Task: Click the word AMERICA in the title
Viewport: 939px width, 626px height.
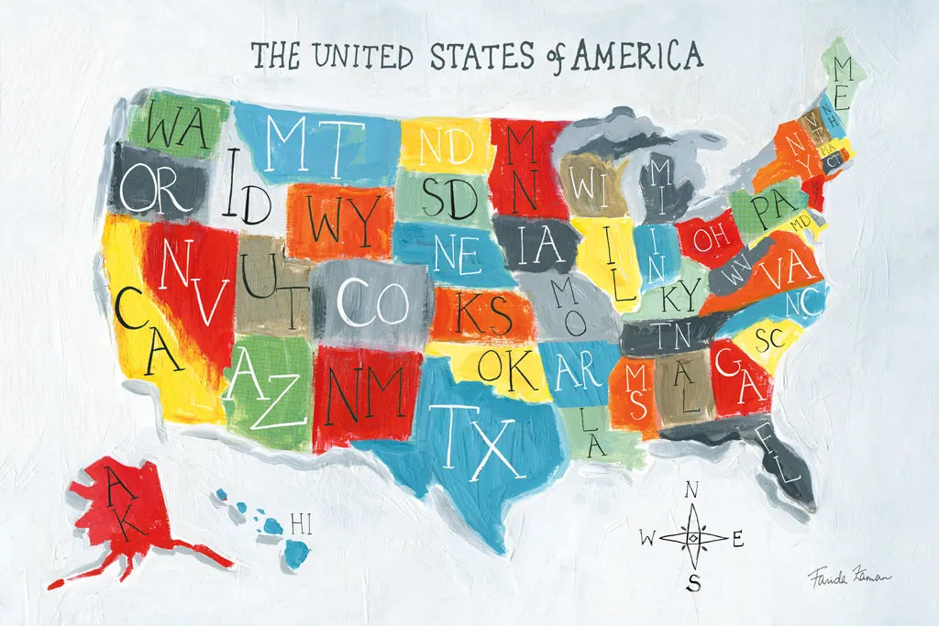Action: (637, 56)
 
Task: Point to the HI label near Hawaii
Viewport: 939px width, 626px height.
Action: (300, 524)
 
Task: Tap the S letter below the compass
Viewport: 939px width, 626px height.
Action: (694, 581)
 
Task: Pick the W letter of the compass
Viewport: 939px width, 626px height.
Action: (647, 539)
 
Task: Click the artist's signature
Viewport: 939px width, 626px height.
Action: (848, 577)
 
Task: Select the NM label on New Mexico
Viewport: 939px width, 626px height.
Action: (367, 392)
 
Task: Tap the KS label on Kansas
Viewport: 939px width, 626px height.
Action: (484, 313)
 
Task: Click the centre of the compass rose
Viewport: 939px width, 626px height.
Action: (693, 537)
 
